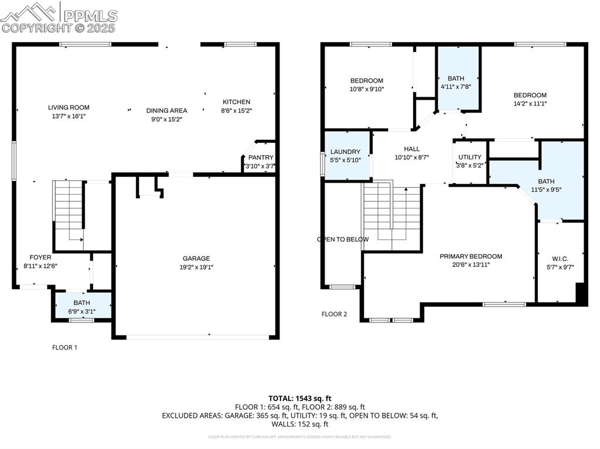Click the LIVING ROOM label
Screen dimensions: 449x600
[x=69, y=108]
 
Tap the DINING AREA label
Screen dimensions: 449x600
[x=166, y=111]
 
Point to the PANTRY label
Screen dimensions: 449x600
[x=261, y=157]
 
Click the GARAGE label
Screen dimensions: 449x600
[x=196, y=258]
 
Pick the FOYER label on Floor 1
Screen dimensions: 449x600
[x=40, y=257]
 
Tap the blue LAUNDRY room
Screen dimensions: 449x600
[x=347, y=156]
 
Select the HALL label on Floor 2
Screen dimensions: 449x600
[x=411, y=149]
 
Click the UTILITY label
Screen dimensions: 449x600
[x=469, y=157]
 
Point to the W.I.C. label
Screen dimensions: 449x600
[x=560, y=259]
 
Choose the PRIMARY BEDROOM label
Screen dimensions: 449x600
[x=471, y=256]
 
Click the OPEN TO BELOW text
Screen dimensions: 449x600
[x=343, y=239]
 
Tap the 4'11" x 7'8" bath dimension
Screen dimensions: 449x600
[x=456, y=87]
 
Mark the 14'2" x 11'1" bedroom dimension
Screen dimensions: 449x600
[x=530, y=104]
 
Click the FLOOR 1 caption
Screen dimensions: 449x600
[x=64, y=347]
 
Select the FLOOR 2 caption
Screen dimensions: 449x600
[x=334, y=314]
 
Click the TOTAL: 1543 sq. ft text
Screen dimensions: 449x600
[x=300, y=398]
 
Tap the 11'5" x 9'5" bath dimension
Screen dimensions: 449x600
[x=546, y=190]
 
